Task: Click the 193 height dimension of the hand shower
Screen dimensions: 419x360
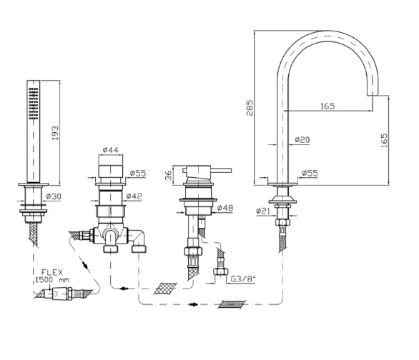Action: tap(55, 133)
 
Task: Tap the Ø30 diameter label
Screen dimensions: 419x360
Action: tap(54, 196)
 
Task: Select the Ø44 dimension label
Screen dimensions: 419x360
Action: tap(110, 150)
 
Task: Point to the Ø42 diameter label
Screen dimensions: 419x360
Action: tap(134, 196)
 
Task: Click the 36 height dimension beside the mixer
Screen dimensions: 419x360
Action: tap(169, 175)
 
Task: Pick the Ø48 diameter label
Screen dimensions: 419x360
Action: tap(225, 208)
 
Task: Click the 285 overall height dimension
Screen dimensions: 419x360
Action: tap(250, 108)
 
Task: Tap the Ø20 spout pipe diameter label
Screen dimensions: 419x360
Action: tap(302, 139)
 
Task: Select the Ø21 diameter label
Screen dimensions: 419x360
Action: tap(263, 211)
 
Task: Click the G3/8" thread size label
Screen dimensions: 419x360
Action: tap(243, 279)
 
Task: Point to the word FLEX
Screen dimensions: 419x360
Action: tap(52, 272)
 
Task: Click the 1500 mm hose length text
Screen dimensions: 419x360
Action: tap(52, 280)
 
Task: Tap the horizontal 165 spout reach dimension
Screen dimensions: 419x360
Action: tap(327, 106)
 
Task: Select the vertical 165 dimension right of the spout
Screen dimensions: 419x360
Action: tap(384, 141)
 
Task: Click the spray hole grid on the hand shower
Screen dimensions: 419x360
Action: tap(34, 104)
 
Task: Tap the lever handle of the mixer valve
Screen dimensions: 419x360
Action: tap(221, 170)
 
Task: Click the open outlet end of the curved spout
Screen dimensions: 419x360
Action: tap(373, 95)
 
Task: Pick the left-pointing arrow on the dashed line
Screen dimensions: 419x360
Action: tap(123, 289)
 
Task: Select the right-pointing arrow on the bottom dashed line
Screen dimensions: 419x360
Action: tap(194, 304)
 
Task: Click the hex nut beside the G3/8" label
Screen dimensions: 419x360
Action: tap(220, 271)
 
